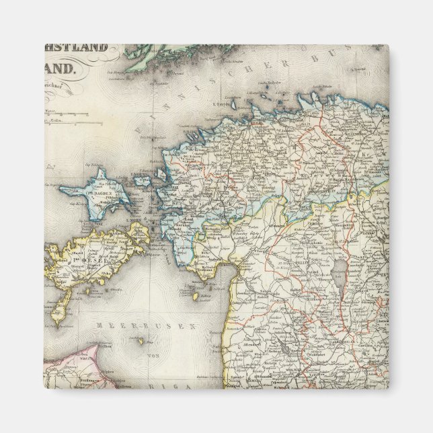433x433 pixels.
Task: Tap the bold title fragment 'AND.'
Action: [x=63, y=68]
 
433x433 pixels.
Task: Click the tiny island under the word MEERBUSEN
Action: [x=143, y=341]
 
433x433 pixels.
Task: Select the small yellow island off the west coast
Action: [x=195, y=296]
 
